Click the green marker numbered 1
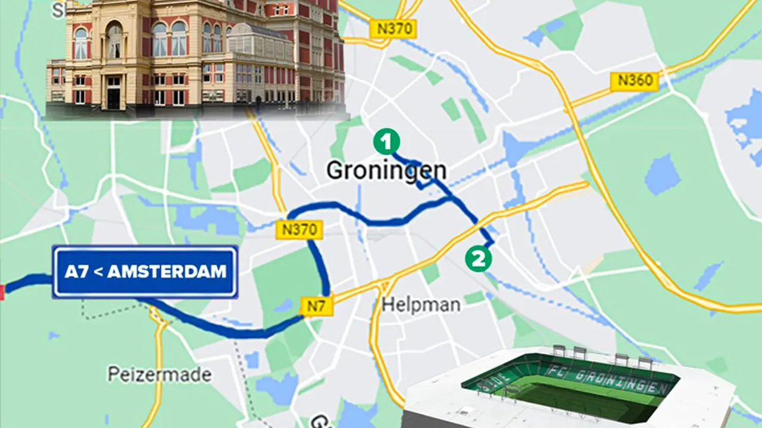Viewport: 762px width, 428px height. coord(386,142)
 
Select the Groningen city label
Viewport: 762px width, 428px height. coord(386,171)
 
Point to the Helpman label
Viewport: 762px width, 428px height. coord(421,305)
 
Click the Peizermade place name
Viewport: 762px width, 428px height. coord(160,374)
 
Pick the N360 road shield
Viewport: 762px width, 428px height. coord(635,81)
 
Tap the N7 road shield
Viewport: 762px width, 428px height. coord(317,307)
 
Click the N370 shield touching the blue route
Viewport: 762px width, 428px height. coord(299,229)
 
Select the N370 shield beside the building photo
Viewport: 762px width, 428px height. coord(392,29)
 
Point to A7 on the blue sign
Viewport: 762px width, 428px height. coord(76,272)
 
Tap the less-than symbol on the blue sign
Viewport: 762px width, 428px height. coord(99,272)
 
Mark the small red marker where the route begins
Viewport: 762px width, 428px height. coord(2,291)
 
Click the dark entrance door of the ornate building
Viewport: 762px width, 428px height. coord(114,93)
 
